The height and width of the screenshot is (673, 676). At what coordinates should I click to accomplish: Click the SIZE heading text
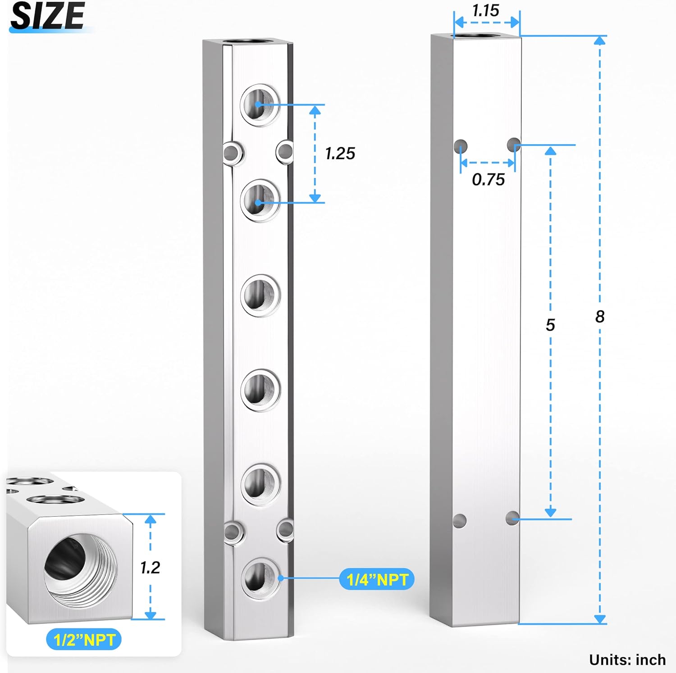point(47,16)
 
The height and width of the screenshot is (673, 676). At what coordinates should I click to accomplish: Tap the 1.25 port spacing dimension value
point(340,154)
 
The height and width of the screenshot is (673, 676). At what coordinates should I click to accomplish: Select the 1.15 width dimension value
point(486,10)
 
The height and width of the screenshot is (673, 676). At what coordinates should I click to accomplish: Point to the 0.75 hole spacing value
point(488,180)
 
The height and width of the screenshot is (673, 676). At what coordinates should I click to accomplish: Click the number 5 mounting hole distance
point(550,325)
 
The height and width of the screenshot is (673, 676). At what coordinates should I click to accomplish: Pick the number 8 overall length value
point(599,317)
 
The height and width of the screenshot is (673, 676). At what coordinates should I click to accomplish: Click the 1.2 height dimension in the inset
point(150,568)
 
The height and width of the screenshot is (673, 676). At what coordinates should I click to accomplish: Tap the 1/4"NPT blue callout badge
point(377,579)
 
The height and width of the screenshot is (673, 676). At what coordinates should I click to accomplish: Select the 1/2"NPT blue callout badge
point(84,640)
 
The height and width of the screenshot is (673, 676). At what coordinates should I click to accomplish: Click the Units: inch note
point(627,660)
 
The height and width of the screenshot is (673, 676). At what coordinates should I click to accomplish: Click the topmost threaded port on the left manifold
point(260,105)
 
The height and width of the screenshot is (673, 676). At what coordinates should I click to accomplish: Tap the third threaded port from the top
point(260,295)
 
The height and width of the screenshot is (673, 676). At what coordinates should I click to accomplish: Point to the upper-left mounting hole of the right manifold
point(460,146)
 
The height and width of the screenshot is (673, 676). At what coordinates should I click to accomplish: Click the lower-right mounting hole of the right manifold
point(512,518)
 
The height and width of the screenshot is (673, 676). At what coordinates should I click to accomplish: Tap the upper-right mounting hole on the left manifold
point(285,152)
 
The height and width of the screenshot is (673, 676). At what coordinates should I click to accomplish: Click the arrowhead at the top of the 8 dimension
point(599,41)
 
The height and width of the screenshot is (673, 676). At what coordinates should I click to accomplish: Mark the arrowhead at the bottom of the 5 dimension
point(550,513)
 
